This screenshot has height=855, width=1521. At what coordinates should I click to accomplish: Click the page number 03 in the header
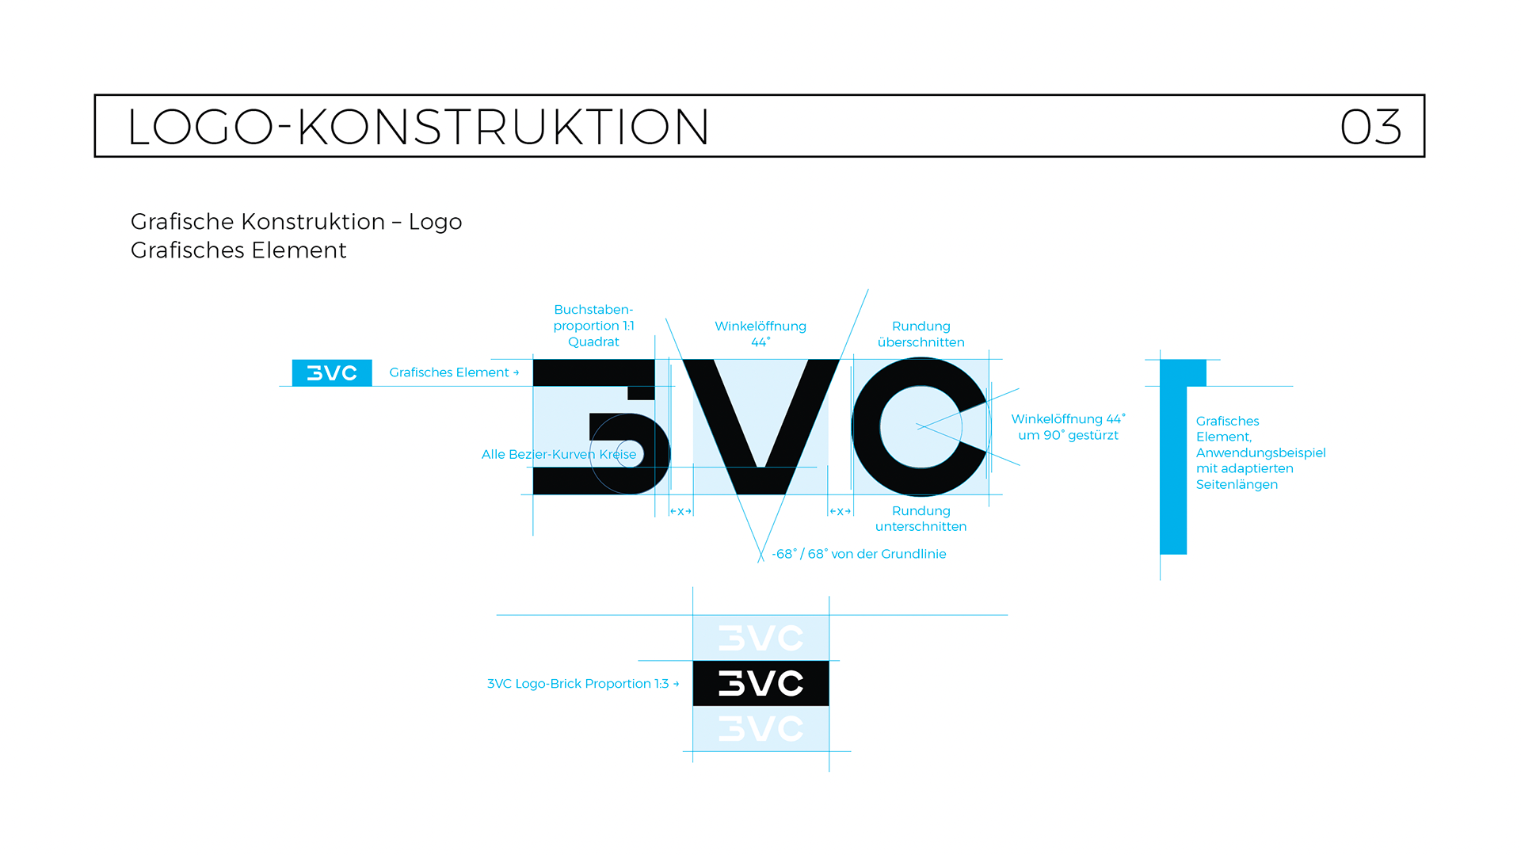[1370, 127]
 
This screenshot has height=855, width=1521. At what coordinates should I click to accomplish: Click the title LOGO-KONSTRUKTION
[417, 127]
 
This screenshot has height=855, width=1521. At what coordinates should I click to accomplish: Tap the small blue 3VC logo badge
[332, 372]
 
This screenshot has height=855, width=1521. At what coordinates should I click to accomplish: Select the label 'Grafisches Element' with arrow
[453, 372]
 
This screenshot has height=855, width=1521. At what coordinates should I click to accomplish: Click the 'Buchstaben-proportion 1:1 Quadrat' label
[593, 326]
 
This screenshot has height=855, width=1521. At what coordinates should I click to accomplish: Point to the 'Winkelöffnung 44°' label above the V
[760, 334]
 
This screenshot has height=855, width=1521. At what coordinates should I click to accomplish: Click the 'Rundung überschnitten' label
[921, 334]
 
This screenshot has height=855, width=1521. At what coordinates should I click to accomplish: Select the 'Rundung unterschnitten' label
[921, 518]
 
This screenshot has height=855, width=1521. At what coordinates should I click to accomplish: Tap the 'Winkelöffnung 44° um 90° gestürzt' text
[1068, 427]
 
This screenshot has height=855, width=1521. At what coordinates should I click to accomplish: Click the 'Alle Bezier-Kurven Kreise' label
[558, 454]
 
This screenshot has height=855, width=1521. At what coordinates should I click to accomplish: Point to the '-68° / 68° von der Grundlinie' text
[859, 554]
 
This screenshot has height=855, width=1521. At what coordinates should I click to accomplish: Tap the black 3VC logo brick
[760, 683]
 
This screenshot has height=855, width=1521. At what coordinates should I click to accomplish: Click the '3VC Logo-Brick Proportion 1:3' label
[582, 684]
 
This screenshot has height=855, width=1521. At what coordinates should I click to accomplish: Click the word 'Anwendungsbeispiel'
[1260, 452]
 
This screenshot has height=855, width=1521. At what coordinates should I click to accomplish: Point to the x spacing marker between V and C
[840, 511]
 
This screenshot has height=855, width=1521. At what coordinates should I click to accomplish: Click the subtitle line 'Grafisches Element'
[238, 250]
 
